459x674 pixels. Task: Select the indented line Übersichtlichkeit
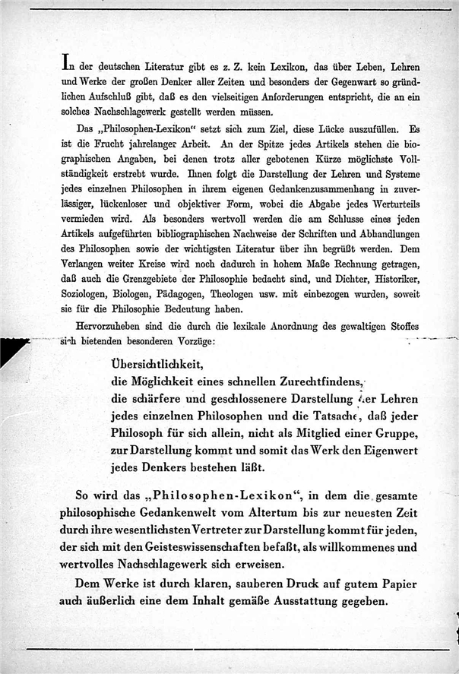pos(157,363)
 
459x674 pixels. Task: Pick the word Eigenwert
pos(366,451)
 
